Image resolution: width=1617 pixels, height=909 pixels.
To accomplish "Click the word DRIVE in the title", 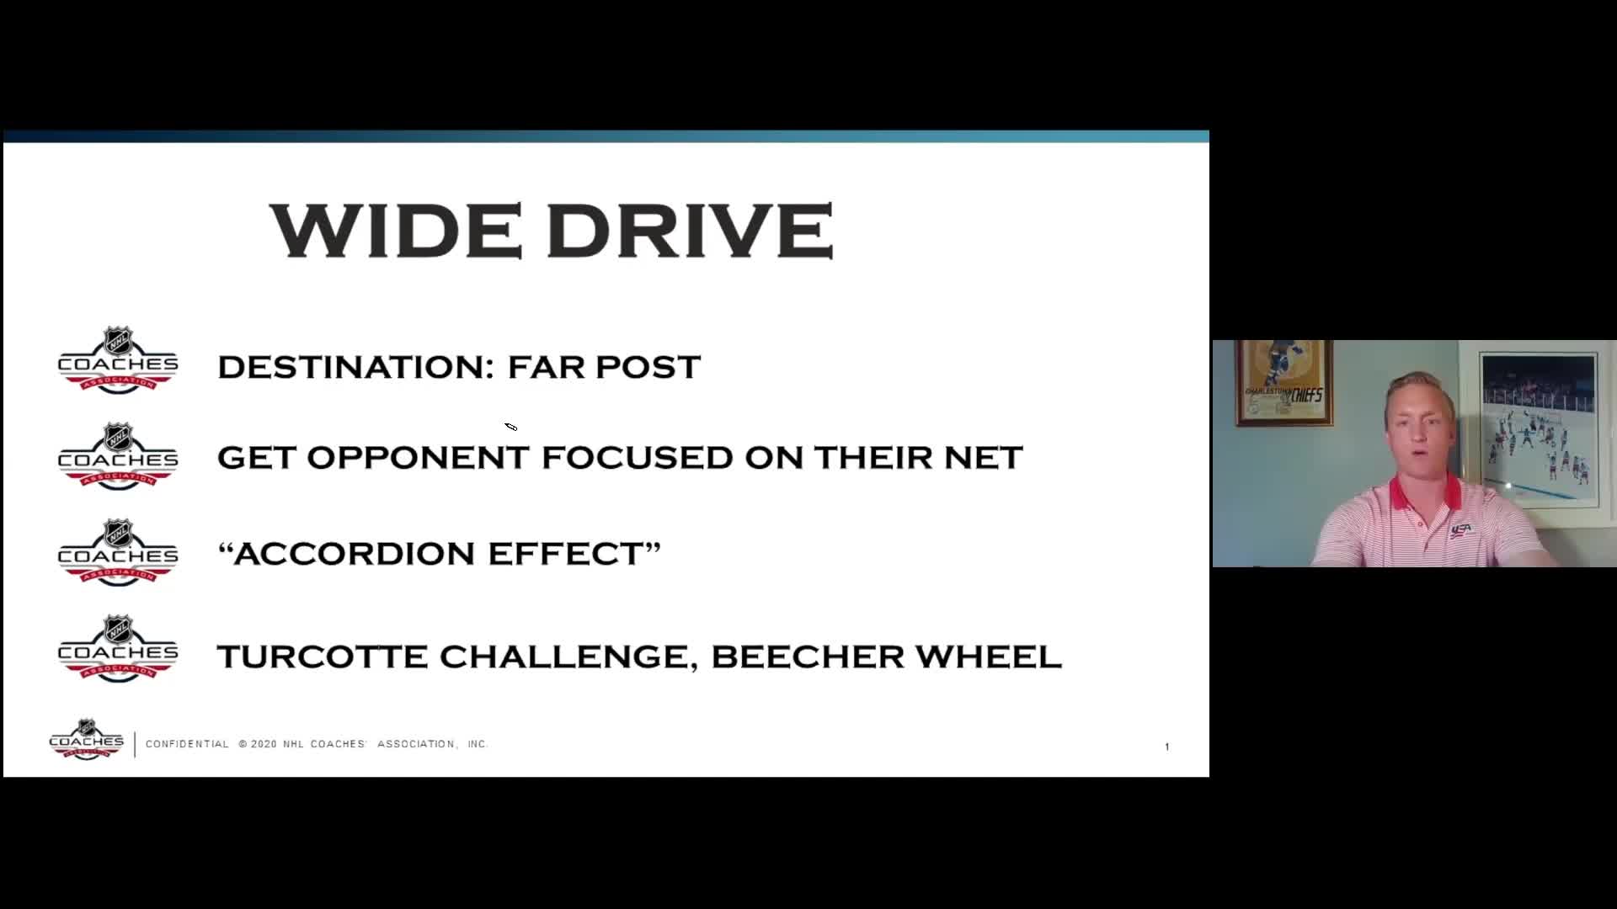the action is tap(691, 230).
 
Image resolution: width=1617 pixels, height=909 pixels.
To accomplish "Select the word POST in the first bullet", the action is tap(648, 367).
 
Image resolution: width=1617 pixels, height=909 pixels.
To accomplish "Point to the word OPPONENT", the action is tap(418, 458).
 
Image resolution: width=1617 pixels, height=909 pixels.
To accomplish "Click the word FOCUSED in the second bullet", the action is tap(638, 458).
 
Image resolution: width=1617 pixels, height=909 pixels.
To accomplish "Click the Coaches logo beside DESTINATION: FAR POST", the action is tap(118, 359).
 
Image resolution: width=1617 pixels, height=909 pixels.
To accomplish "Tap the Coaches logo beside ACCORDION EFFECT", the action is tap(118, 552).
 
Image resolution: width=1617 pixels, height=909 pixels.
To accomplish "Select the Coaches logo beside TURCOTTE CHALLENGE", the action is tap(118, 648).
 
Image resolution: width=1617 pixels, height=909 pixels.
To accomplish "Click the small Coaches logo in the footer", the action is tap(87, 739).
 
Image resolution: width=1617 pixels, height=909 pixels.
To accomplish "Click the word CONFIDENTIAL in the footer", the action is tap(187, 744).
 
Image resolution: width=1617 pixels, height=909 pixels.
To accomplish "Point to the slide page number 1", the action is tap(1166, 747).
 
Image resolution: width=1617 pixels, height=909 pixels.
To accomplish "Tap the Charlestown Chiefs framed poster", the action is tap(1283, 383).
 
